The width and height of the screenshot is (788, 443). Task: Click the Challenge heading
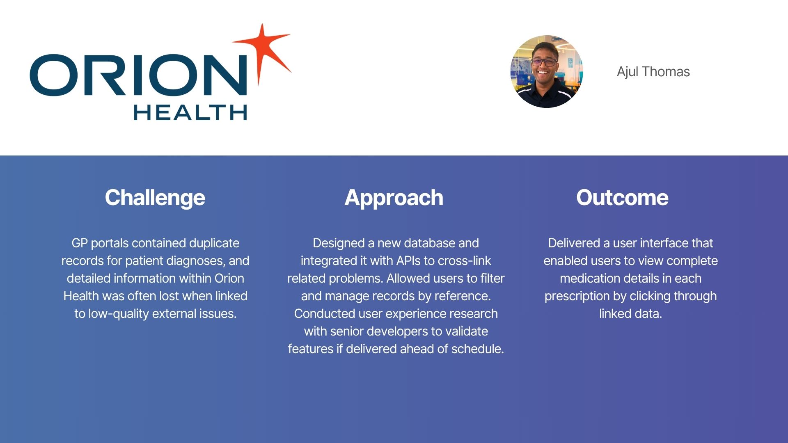click(155, 198)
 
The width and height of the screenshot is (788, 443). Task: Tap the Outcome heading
click(622, 198)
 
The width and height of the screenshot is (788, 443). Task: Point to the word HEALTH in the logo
click(190, 112)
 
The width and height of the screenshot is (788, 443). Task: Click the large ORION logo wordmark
click(138, 75)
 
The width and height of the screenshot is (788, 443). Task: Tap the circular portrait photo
click(547, 72)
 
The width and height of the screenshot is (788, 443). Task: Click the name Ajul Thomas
click(653, 72)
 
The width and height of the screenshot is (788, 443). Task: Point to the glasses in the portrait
click(544, 62)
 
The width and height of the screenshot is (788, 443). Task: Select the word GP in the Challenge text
click(80, 243)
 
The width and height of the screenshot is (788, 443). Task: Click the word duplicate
click(214, 244)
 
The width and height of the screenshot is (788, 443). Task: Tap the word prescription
click(572, 297)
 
